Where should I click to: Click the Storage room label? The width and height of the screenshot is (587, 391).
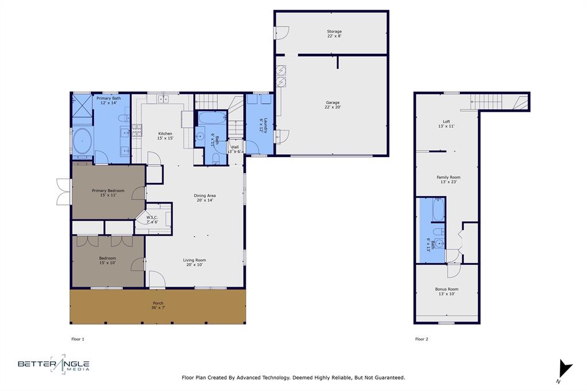tap(334, 34)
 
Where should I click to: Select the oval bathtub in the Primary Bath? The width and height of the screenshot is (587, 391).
tap(83, 141)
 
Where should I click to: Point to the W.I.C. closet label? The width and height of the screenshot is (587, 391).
tap(152, 220)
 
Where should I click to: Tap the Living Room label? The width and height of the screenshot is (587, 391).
tap(194, 262)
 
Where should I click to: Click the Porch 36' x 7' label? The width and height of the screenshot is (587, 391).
tap(158, 305)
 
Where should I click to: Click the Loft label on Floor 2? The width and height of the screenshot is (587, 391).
tap(446, 123)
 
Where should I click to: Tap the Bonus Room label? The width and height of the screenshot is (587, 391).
tap(447, 291)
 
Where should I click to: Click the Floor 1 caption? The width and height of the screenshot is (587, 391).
tap(77, 339)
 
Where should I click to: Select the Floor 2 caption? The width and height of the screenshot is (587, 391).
tap(421, 339)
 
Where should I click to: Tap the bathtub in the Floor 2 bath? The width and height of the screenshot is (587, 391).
tap(437, 210)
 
